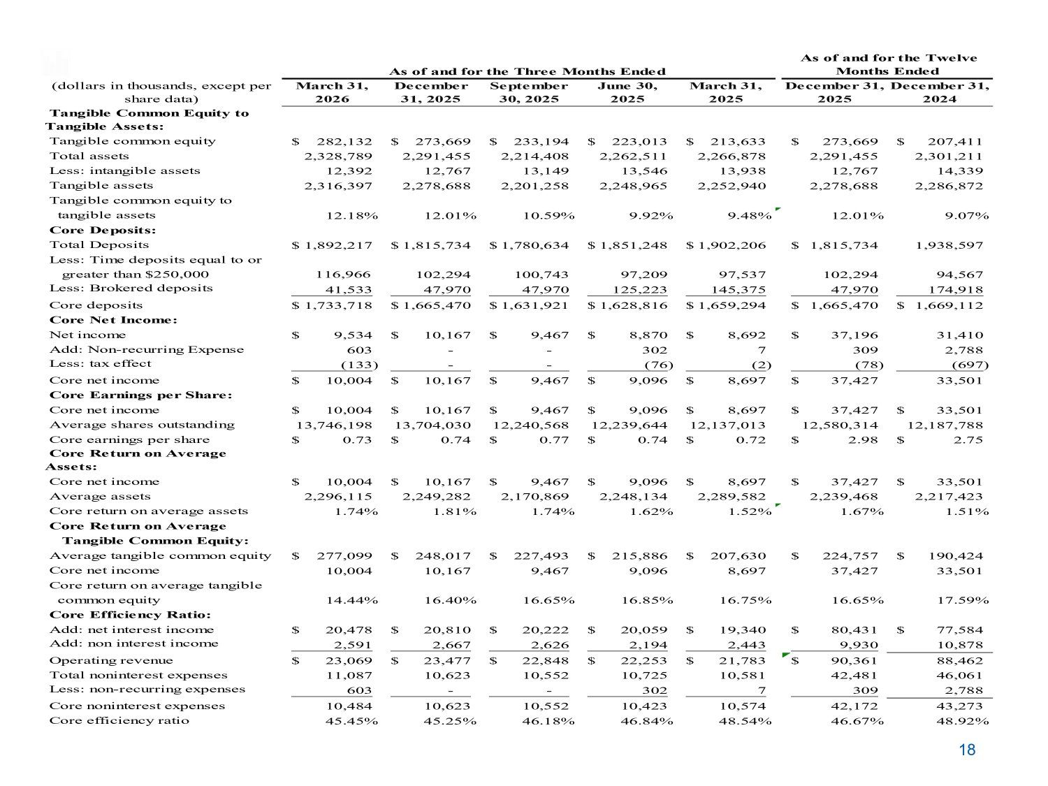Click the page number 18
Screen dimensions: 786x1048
click(x=967, y=750)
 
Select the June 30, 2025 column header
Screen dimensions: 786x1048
click(x=627, y=92)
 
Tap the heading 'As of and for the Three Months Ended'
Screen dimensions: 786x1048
click(x=527, y=71)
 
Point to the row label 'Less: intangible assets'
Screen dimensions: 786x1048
click(x=124, y=170)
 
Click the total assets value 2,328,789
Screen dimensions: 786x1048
click(x=338, y=156)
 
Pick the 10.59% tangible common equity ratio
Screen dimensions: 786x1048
click(x=548, y=215)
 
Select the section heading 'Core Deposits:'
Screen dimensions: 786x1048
click(x=103, y=230)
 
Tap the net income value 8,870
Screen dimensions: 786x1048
click(x=648, y=335)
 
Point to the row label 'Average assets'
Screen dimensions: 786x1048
click(x=100, y=496)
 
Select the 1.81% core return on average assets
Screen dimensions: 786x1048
click(x=450, y=511)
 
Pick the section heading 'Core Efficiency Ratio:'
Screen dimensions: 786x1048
click(x=130, y=615)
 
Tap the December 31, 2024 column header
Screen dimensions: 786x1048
click(x=939, y=92)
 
